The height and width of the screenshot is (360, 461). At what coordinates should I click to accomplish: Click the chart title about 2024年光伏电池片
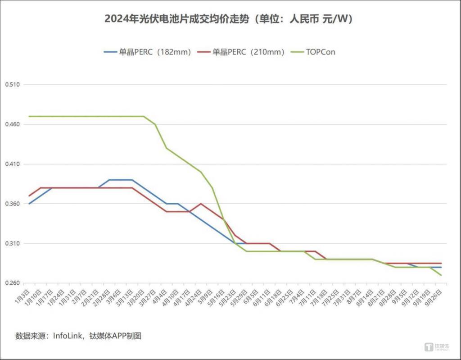coord(229,19)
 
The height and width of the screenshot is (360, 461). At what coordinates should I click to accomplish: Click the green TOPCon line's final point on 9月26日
coord(441,275)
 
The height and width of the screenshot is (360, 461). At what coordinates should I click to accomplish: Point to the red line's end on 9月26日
coord(441,263)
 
